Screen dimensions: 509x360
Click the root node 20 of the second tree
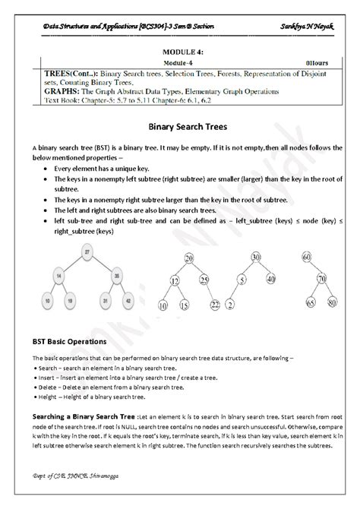click(188, 260)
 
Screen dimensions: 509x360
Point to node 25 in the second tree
click(205, 281)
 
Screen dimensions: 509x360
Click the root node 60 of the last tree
click(307, 258)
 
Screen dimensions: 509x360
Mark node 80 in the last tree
click(333, 303)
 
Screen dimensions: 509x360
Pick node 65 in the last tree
click(311, 303)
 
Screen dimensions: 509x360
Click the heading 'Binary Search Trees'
click(180, 126)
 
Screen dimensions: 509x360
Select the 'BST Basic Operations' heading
click(66, 342)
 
